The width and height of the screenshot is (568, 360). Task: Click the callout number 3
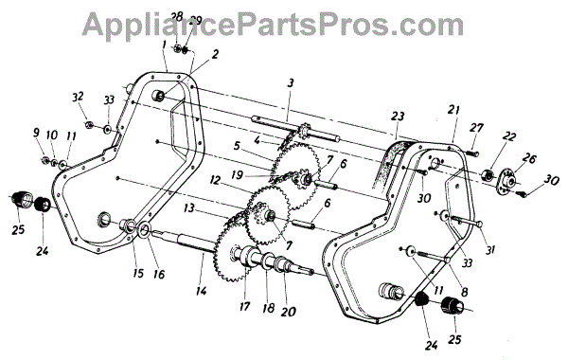291,83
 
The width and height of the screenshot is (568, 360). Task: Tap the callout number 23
397,117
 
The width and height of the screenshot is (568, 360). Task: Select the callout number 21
453,110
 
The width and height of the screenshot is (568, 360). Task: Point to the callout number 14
201,291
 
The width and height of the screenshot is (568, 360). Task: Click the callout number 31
490,249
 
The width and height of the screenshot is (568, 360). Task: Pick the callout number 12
215,180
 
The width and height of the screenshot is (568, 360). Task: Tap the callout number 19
237,175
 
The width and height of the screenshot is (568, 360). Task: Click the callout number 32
78,97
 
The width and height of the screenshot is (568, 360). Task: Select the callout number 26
529,158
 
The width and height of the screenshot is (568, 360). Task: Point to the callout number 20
289,312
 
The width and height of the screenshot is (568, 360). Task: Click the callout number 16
159,274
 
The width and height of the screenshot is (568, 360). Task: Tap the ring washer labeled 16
144,230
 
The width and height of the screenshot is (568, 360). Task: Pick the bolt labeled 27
470,153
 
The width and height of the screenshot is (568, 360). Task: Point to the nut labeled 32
88,125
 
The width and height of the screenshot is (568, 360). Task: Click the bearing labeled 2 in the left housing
159,96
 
